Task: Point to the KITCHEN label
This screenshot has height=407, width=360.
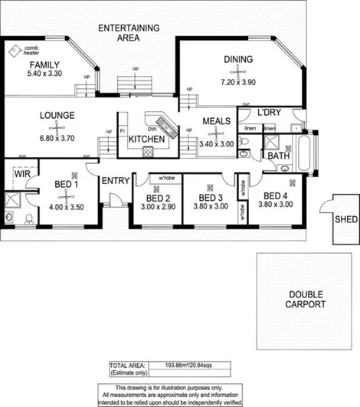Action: pos(146,139)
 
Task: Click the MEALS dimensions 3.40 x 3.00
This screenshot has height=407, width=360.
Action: pos(217,143)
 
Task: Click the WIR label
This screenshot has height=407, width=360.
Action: pos(21,174)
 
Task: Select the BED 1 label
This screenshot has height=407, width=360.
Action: pos(67,185)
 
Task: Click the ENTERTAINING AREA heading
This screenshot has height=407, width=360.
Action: pos(129,33)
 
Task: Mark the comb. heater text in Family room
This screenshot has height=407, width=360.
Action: pos(31,51)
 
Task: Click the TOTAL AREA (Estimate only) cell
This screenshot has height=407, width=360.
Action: pos(127,370)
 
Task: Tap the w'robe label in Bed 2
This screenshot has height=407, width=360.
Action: pos(164,179)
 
